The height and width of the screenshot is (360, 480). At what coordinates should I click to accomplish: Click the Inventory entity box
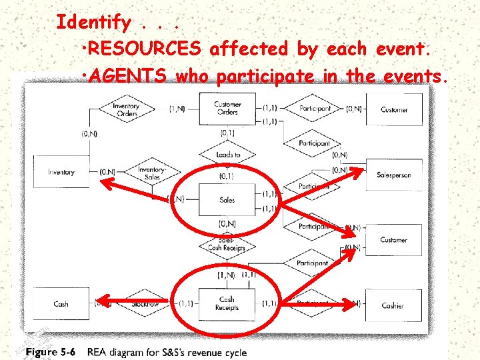[x=61, y=173]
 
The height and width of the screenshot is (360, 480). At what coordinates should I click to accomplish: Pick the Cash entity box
[x=61, y=304]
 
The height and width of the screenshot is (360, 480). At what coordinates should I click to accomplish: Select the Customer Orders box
[x=227, y=108]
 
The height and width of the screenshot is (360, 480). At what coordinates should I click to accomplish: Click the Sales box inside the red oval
[x=227, y=200]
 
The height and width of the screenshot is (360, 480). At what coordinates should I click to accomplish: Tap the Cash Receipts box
[x=227, y=304]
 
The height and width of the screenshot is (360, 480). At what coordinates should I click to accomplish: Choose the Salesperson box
[x=393, y=175]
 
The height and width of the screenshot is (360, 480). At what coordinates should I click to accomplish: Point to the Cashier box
[x=393, y=305]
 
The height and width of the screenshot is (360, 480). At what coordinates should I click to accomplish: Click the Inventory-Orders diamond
[x=126, y=109]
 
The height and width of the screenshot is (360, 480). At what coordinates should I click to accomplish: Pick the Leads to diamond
[x=228, y=155]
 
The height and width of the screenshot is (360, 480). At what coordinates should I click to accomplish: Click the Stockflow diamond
[x=144, y=303]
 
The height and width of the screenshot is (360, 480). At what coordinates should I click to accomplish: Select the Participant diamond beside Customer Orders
[x=315, y=108]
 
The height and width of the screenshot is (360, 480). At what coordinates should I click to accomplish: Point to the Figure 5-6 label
[x=51, y=352]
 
